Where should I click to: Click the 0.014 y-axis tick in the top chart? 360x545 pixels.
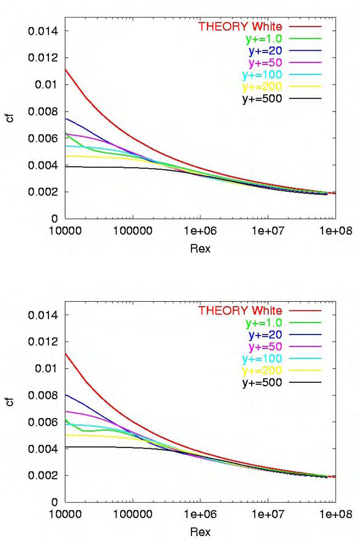pos(42,31)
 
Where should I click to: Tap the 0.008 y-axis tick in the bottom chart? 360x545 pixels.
pos(42,396)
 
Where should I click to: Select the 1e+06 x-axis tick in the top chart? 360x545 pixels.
pos(200,231)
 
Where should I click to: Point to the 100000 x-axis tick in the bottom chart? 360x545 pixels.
pos(133,514)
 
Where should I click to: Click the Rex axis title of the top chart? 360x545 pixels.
pos(201,248)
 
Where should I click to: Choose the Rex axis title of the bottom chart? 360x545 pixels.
pos(201,532)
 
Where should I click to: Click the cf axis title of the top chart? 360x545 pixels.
pos(11,118)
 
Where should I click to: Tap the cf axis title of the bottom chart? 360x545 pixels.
pos(11,402)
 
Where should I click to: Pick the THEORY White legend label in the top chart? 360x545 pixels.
pos(240,26)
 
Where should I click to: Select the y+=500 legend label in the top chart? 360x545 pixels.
pos(262,99)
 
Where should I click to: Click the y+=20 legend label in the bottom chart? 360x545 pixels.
pos(265,335)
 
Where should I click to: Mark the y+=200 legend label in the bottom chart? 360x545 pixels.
pos(262,371)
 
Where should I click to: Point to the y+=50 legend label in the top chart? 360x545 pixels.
pos(265,63)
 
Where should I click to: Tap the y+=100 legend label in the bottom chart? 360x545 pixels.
pos(262,359)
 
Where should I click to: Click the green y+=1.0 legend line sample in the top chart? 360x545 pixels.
pos(305,39)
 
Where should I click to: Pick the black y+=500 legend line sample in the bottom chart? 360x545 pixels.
pos(305,383)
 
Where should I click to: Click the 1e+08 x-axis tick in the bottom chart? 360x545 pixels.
pos(336,514)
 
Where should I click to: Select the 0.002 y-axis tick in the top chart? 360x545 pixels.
pos(42,192)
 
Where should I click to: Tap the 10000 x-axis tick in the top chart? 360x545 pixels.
pos(65,231)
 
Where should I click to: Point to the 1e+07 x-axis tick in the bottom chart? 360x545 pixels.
pos(268,514)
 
